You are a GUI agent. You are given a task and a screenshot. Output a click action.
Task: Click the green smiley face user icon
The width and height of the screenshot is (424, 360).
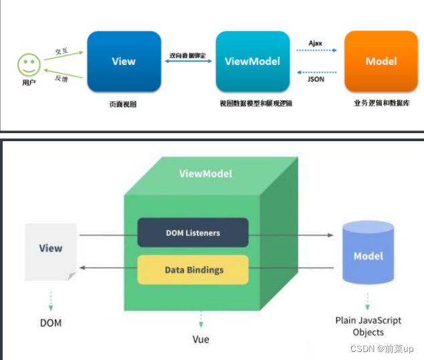[x=29, y=66]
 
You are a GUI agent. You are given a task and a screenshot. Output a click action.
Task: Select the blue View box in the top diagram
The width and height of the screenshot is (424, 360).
[x=124, y=61]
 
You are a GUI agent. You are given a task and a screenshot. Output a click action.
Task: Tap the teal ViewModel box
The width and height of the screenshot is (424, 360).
[x=253, y=61]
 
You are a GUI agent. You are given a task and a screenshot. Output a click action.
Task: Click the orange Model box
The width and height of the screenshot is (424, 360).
[x=381, y=61]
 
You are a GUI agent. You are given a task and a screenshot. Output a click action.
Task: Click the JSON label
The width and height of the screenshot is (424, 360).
[x=316, y=78]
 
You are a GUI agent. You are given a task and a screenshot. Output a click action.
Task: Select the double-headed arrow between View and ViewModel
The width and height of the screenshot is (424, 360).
[x=188, y=62]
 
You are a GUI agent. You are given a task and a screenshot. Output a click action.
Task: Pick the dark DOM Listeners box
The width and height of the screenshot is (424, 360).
[x=193, y=233]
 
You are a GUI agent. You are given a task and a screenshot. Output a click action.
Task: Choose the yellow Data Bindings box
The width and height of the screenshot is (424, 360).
[x=193, y=270]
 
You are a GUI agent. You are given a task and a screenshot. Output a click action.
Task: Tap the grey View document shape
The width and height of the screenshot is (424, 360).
[x=51, y=251]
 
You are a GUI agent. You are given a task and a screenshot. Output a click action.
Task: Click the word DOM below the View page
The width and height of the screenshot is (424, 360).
[x=50, y=323]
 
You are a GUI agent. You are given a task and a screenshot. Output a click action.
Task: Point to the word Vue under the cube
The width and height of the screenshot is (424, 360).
[x=201, y=339]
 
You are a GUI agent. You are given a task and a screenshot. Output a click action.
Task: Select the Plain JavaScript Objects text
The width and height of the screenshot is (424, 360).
[x=368, y=327]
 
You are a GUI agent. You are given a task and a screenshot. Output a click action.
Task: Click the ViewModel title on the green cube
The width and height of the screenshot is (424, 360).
[x=206, y=174]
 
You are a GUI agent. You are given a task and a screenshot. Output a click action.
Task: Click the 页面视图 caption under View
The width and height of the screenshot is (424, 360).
[x=123, y=104]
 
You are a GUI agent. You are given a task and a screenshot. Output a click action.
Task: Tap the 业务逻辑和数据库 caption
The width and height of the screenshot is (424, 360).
[x=381, y=104]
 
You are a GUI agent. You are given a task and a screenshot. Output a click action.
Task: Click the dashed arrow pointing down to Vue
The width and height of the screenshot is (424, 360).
[x=201, y=320]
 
